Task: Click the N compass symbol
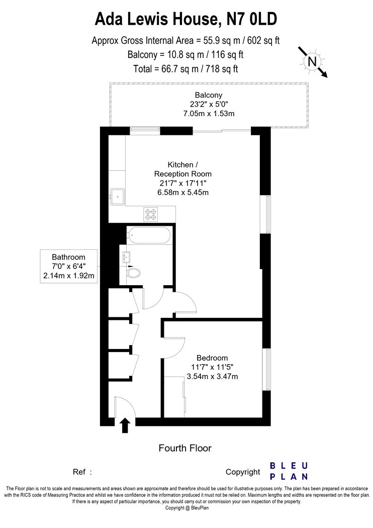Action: (312, 62)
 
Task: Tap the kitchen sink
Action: (117, 196)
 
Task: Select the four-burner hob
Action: (150, 214)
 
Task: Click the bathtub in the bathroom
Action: (149, 235)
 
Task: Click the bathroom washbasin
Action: (126, 257)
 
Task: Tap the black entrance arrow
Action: (125, 425)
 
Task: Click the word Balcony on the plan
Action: (209, 95)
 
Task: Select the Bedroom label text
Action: (212, 358)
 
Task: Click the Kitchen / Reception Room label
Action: (183, 169)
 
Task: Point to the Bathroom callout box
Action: (69, 267)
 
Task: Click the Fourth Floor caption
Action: (185, 448)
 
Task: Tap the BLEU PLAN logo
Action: (289, 471)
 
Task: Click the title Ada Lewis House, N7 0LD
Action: (186, 19)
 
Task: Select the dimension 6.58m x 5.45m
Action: (183, 193)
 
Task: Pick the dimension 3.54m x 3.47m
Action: (213, 376)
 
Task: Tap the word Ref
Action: (79, 472)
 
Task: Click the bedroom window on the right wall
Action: (266, 370)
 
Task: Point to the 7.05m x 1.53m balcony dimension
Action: (209, 114)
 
